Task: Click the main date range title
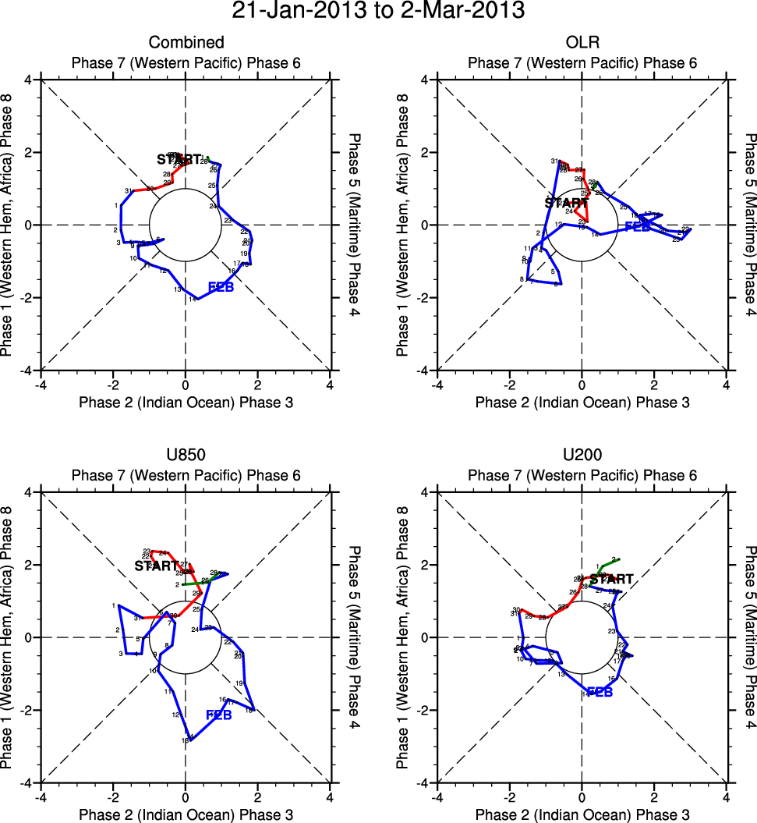pos(378,12)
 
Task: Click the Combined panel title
pos(186,42)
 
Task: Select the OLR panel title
pos(582,42)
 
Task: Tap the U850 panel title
pos(186,455)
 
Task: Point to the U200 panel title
pos(582,455)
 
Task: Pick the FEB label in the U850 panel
pos(219,715)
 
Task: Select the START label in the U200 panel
pos(611,580)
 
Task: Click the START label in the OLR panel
pos(567,203)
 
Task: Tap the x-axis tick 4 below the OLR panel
pos(727,385)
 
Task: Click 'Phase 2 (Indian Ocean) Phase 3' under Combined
pos(186,403)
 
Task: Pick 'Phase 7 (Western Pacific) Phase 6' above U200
pos(582,475)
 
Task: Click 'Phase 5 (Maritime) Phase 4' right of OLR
pos(748,225)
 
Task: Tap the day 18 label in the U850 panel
pos(249,710)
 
